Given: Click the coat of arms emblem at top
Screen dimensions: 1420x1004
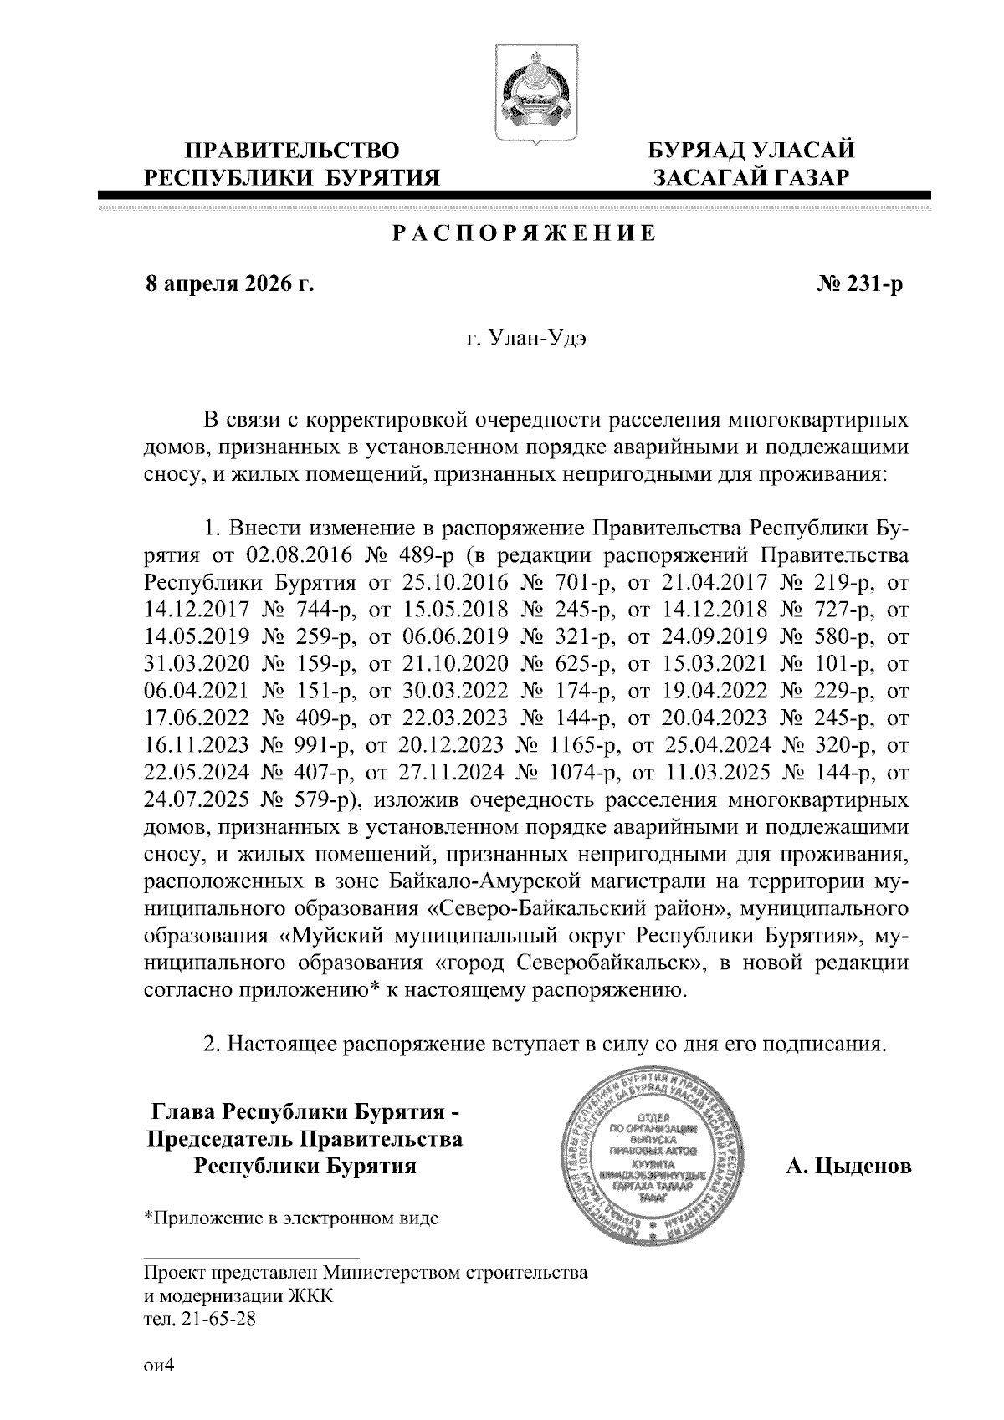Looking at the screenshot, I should coord(530,97).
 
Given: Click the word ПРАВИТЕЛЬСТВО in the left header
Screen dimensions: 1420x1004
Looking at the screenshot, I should coord(292,151).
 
